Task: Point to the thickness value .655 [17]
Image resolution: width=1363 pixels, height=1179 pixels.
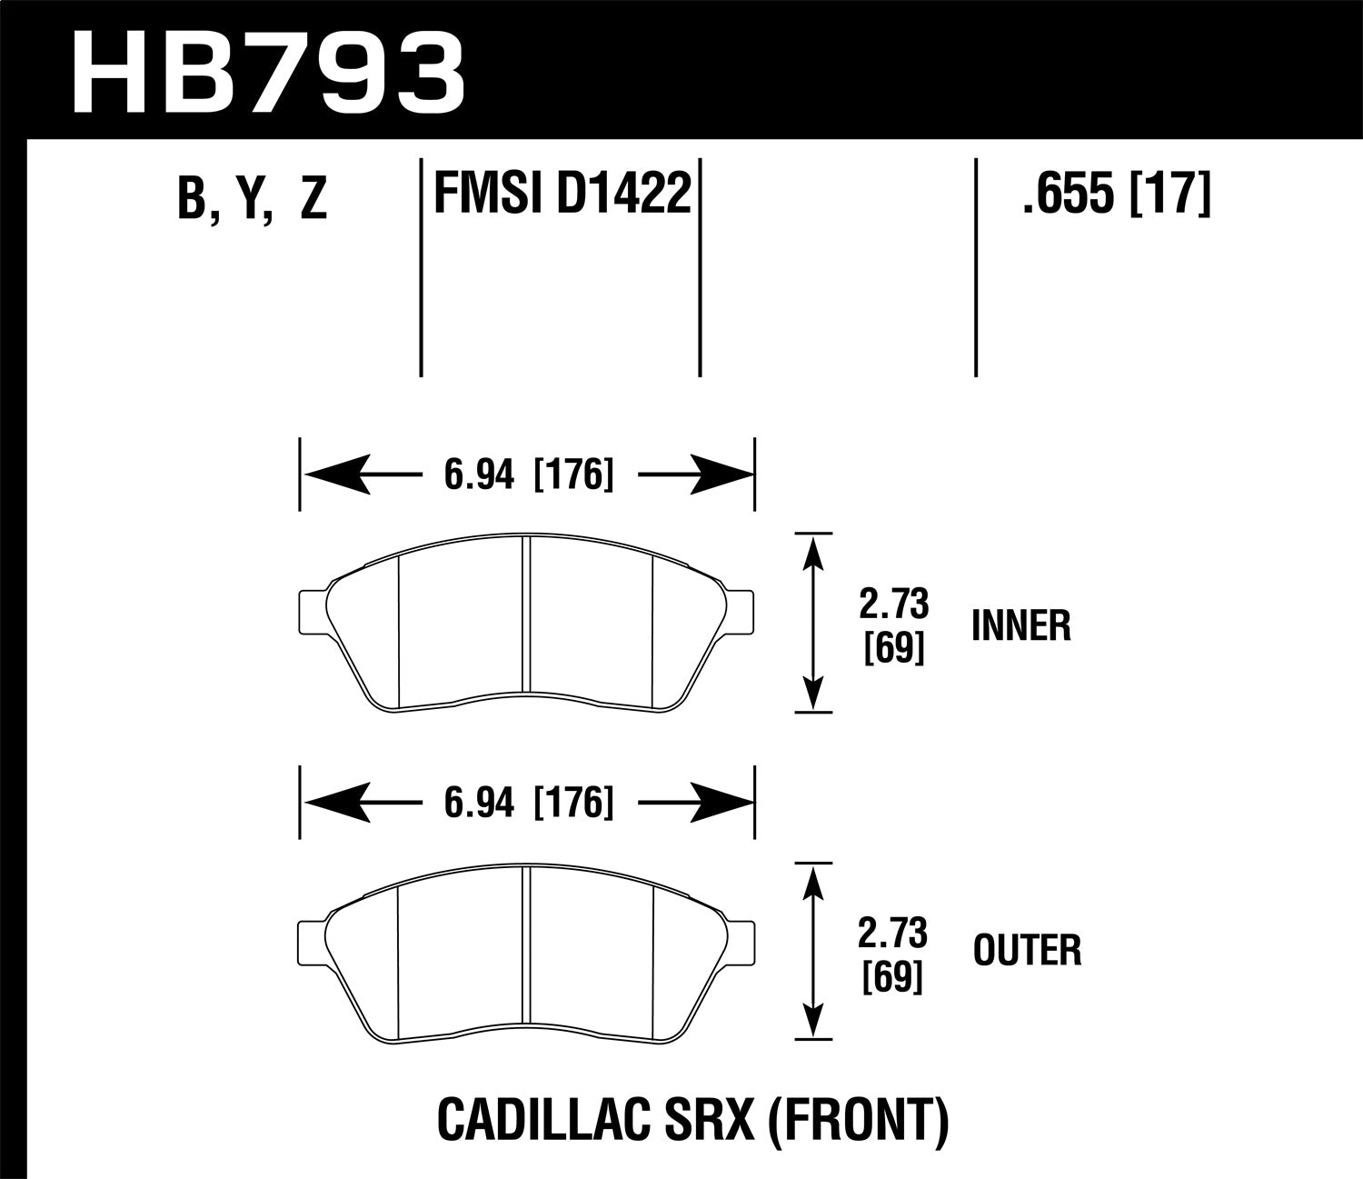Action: click(x=1116, y=193)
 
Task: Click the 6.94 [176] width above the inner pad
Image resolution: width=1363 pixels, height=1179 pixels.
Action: click(x=528, y=475)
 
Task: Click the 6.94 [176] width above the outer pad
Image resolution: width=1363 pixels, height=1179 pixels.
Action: click(x=528, y=803)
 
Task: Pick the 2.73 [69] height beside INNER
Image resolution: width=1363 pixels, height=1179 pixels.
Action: click(x=894, y=625)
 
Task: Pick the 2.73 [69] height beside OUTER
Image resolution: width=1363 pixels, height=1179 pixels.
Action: click(x=894, y=954)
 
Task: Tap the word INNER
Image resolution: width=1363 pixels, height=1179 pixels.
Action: click(x=1021, y=626)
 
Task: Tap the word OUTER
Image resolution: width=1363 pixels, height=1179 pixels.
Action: click(x=1027, y=952)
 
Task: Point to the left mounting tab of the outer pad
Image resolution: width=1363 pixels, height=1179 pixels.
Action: click(x=312, y=937)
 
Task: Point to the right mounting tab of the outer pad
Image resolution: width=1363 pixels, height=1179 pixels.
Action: click(x=741, y=937)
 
